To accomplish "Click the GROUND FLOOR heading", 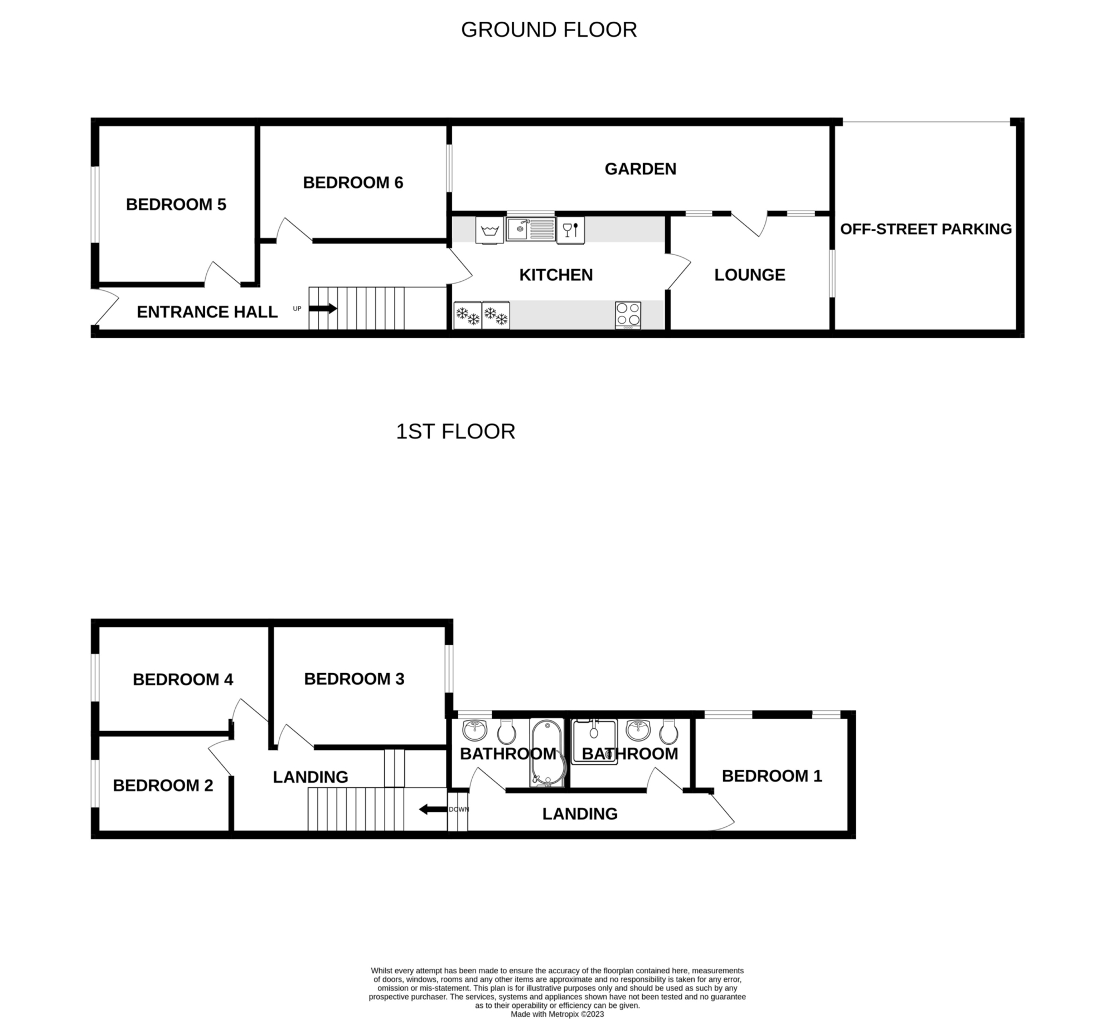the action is (x=549, y=30).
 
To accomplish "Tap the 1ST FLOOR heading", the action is (x=455, y=432).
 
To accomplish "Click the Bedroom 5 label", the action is (x=176, y=204).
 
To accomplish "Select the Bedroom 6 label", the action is (x=353, y=182).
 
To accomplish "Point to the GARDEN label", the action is (x=641, y=169).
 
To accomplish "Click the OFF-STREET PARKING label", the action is (x=926, y=229).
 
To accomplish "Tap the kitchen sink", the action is (x=531, y=230).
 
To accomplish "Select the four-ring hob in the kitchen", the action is (x=628, y=315).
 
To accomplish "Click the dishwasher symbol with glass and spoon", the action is (x=570, y=230).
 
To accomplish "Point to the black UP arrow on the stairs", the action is (x=323, y=308).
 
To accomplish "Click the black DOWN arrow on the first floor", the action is (x=433, y=809).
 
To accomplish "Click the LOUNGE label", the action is (x=750, y=275).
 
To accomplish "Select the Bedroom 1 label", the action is (x=772, y=776).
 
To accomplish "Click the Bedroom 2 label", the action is (x=163, y=785).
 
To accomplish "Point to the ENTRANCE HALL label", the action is (x=207, y=312).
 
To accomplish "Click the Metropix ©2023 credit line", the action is (x=557, y=1015).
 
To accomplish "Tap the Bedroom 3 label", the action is (x=354, y=679).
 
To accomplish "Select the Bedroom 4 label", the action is (x=183, y=679).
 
